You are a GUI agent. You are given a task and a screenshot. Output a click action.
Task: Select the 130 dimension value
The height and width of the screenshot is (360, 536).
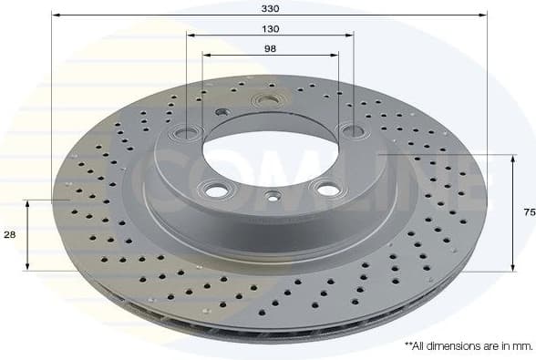click(270, 29)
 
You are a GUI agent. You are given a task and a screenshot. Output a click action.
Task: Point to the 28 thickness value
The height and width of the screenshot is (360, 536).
click(9, 235)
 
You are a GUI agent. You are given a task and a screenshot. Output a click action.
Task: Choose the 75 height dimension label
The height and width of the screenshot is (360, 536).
click(528, 212)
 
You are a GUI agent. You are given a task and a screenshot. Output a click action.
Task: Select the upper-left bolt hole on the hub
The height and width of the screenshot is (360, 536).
click(187, 132)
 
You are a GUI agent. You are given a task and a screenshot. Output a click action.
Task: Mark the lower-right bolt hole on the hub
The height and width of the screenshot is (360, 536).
click(324, 188)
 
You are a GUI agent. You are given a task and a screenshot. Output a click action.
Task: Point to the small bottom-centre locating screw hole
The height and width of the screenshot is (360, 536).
click(272, 195)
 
